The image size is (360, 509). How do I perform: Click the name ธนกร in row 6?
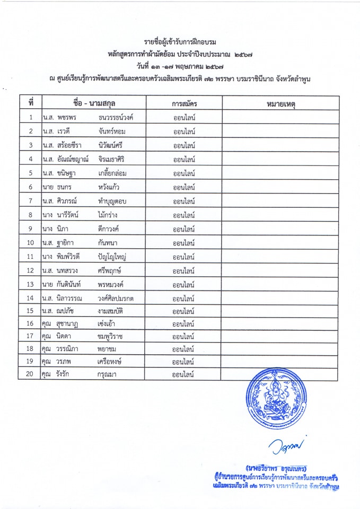[64, 187]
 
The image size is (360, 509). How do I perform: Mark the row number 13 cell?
[31, 284]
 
